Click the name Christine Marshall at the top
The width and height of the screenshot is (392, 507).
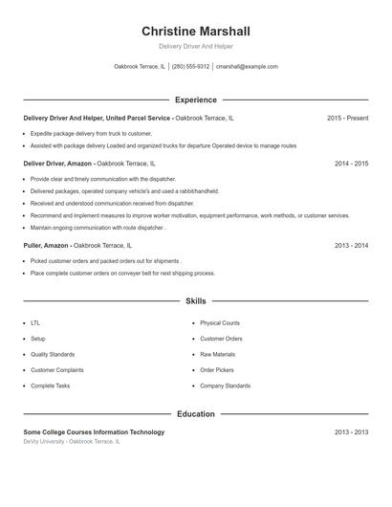click(195, 32)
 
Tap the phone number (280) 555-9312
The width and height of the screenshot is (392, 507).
click(190, 67)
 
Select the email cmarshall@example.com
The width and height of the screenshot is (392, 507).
click(247, 67)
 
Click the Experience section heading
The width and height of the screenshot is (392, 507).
click(196, 99)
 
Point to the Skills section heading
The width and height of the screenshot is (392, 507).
click(196, 300)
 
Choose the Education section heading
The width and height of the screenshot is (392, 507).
click(196, 414)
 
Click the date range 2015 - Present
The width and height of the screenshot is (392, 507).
click(347, 118)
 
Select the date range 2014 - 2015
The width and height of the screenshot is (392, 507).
click(351, 164)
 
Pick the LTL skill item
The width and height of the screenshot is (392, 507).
click(35, 323)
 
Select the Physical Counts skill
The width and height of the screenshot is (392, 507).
click(220, 323)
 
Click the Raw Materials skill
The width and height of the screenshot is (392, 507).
click(217, 354)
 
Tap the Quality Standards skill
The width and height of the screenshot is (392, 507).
click(52, 354)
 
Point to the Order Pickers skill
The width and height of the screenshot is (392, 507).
click(217, 369)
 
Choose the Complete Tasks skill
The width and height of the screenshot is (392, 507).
click(50, 386)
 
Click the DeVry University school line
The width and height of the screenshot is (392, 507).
click(72, 442)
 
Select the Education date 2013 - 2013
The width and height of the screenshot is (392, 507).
click(351, 432)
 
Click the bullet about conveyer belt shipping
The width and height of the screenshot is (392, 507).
click(122, 273)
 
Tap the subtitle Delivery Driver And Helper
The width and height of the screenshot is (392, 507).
click(195, 46)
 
